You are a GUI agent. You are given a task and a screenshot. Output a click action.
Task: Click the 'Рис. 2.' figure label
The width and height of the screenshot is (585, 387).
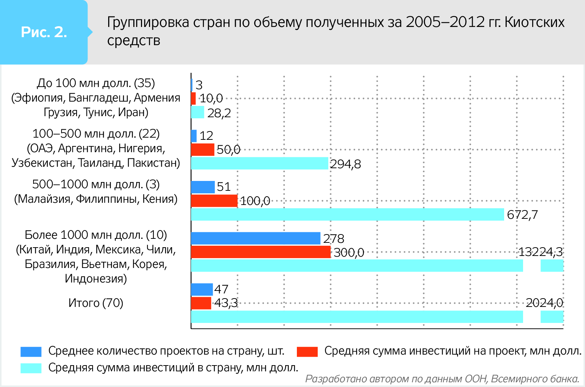point(44,32)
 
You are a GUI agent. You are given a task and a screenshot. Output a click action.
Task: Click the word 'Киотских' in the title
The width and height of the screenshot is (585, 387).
point(535,22)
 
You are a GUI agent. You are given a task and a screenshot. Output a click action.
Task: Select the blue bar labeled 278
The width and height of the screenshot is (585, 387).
point(255,238)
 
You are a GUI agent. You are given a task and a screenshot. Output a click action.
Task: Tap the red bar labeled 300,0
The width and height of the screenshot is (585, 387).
point(260,252)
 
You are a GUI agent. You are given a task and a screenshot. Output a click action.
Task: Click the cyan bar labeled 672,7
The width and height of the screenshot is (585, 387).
point(347,214)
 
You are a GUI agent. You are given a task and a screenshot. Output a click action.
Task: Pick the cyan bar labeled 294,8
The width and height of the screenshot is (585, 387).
point(259,163)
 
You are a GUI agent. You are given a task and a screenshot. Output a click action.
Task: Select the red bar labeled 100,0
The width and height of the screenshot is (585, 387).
point(214,201)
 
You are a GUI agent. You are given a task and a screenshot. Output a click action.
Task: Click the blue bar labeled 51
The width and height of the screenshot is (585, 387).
point(203,187)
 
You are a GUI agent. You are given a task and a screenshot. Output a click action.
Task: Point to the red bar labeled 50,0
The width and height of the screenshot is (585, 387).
point(203,150)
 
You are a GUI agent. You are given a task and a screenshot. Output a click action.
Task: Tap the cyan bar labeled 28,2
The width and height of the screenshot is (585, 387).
point(197,112)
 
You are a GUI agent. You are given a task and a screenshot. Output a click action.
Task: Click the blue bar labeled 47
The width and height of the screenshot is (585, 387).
point(202,289)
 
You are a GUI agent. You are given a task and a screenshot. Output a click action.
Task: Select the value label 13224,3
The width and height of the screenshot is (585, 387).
point(540,252)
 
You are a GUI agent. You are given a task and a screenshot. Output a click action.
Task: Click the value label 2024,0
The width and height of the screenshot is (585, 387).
point(544,303)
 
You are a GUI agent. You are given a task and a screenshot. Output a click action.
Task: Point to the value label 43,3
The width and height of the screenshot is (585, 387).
point(226,303)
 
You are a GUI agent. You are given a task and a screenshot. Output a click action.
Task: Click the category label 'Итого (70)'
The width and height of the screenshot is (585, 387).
point(96,303)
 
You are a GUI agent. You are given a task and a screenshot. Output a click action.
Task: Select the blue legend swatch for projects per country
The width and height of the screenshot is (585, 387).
point(31,351)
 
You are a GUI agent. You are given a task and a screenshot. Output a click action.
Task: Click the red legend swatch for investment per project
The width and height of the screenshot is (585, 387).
point(307,351)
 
